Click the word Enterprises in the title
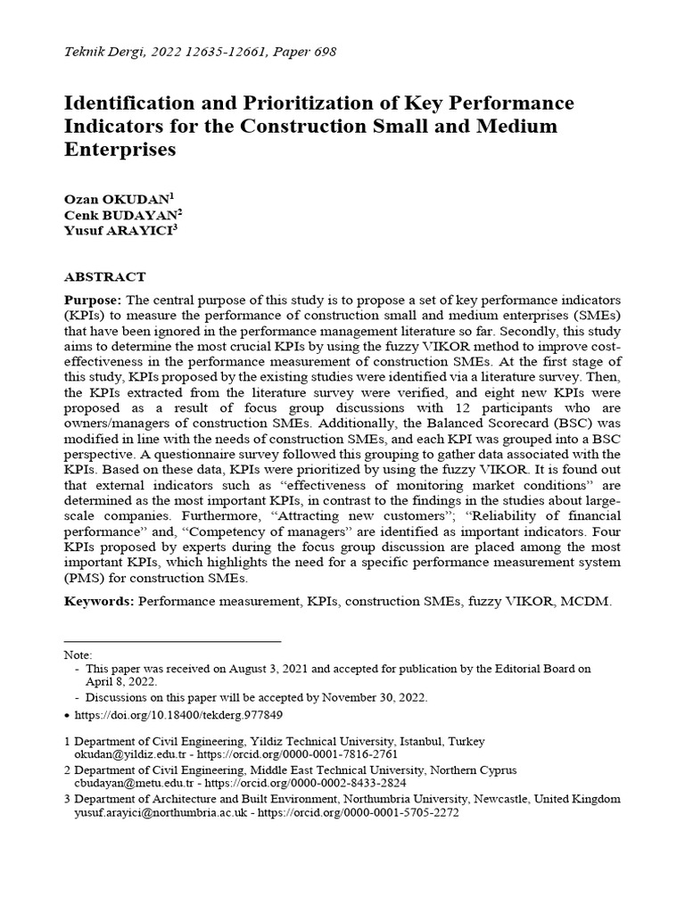tap(120, 149)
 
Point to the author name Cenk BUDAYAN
tap(120, 214)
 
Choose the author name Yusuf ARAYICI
tap(119, 231)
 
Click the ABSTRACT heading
tap(104, 277)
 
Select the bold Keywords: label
tap(99, 601)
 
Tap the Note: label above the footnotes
tap(78, 655)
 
